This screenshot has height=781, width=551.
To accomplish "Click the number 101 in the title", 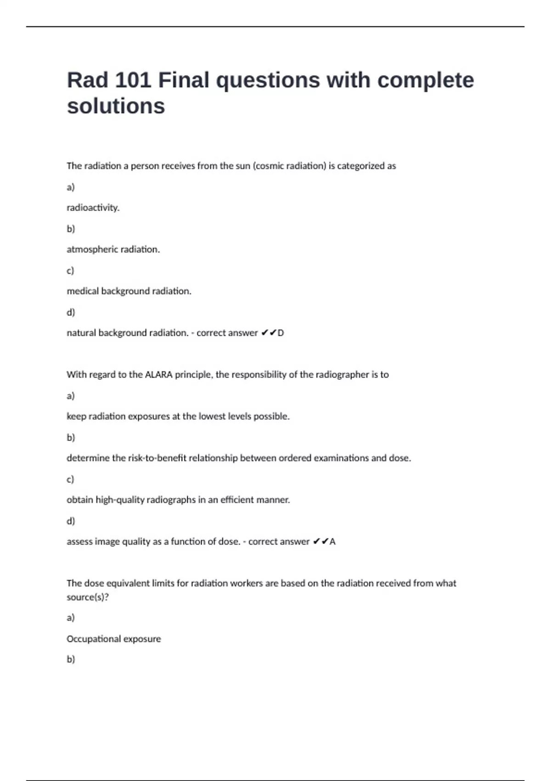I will click(133, 80).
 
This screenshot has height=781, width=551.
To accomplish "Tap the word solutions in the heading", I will click(116, 106).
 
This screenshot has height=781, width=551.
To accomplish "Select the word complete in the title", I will click(426, 80).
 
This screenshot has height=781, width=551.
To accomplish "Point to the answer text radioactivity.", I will click(93, 208).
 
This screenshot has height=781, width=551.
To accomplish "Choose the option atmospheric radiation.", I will click(113, 249).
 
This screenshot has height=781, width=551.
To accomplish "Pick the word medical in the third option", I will click(83, 291).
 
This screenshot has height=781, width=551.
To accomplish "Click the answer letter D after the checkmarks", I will click(281, 333).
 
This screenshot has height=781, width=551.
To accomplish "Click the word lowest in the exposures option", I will click(213, 416).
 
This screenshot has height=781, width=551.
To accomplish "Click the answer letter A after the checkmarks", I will click(332, 542).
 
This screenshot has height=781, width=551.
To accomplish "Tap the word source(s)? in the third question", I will click(88, 597).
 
